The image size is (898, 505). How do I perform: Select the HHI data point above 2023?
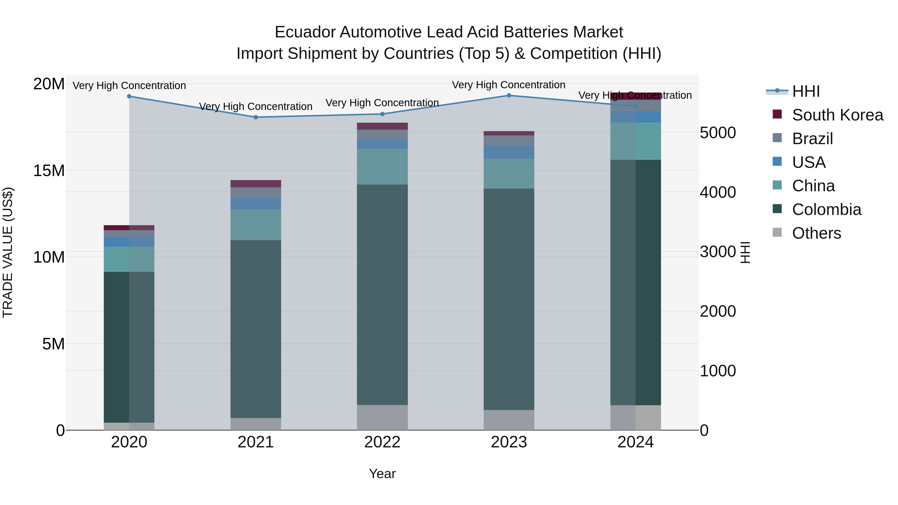(509, 96)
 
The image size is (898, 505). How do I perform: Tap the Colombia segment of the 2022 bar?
(382, 295)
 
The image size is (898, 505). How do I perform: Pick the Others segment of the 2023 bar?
(509, 420)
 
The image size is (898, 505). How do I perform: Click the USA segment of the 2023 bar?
(509, 152)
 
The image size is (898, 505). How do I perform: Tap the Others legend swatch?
(777, 232)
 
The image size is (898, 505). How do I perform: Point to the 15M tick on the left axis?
(49, 171)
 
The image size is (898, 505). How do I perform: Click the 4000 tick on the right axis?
(718, 192)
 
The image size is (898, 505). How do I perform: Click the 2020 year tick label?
(129, 442)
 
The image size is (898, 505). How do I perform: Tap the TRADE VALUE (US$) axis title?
(8, 253)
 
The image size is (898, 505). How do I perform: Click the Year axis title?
(382, 474)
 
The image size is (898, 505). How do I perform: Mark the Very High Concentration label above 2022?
(382, 103)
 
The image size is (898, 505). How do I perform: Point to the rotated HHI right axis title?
(745, 253)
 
